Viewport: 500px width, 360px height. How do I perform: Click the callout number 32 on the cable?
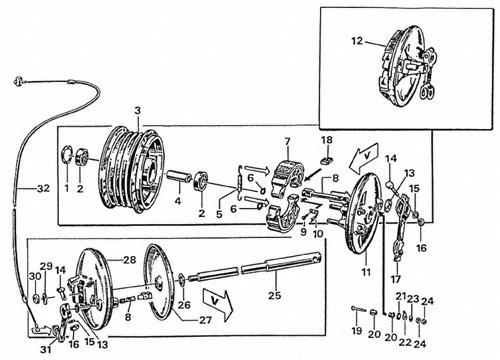click(x=43, y=189)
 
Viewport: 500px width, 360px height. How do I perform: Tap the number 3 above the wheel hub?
click(x=138, y=111)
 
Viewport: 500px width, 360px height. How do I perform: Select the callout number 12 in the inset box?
click(x=357, y=41)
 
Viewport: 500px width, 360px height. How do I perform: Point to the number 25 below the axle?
click(x=275, y=295)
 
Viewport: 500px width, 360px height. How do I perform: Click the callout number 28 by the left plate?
click(x=130, y=260)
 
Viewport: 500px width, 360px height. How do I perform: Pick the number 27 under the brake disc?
click(x=205, y=320)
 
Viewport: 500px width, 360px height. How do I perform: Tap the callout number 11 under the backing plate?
click(x=366, y=272)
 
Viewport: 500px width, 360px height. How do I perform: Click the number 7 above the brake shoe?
click(x=287, y=142)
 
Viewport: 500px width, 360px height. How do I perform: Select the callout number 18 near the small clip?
click(x=327, y=140)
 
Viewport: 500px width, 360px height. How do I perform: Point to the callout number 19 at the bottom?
click(x=357, y=330)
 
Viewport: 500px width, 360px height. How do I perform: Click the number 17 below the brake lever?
click(x=396, y=279)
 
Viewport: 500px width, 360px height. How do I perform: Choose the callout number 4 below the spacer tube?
click(x=178, y=201)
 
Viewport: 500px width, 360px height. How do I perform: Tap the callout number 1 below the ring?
click(x=67, y=188)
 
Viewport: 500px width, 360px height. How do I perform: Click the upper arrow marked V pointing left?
click(x=364, y=158)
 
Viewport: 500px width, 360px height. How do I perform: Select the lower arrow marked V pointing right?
click(x=217, y=304)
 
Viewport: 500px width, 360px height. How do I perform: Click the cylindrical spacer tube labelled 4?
click(x=179, y=178)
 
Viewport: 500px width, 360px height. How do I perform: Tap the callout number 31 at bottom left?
click(x=46, y=349)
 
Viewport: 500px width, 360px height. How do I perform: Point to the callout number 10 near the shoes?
click(x=318, y=234)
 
